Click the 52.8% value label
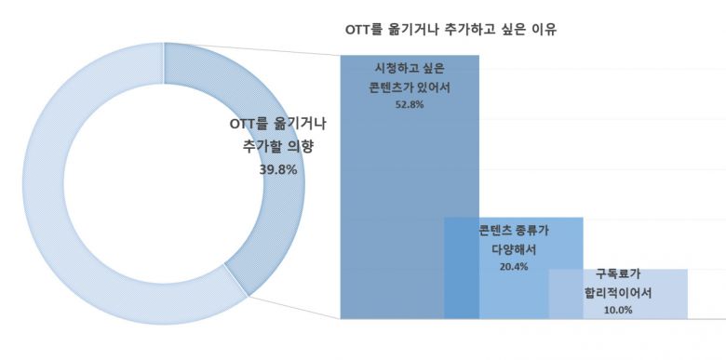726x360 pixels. [410, 105]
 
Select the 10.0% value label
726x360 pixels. [618, 310]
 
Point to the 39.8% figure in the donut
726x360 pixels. [278, 169]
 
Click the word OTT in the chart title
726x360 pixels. [358, 29]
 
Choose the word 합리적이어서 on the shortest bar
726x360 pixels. [618, 292]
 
